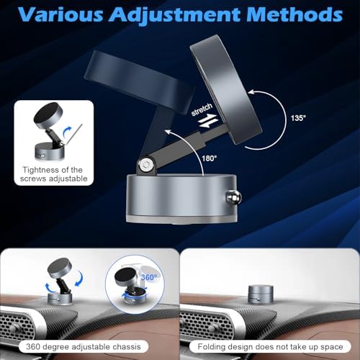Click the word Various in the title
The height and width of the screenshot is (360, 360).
pos(60,14)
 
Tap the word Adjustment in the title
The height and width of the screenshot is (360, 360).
pos(174,15)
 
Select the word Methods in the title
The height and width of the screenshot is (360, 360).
pos(294,14)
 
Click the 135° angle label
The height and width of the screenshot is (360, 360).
pos(298,118)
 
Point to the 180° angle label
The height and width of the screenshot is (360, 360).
pos(210,158)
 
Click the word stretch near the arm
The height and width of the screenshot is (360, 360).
pos(202,109)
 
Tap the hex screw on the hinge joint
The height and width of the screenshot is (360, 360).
pos(145,164)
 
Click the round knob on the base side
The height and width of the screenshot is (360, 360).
pos(233,197)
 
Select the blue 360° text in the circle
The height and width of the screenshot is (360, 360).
pos(149,277)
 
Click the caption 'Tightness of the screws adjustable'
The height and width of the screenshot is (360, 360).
pos(54,174)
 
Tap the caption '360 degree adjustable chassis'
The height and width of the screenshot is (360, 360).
pos(84,347)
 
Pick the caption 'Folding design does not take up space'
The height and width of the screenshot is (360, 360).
pos(270,347)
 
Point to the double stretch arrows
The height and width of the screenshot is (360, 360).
pos(207,121)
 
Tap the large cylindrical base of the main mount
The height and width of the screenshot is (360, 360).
pos(182,199)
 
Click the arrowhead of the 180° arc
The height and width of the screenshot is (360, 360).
pos(168,132)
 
